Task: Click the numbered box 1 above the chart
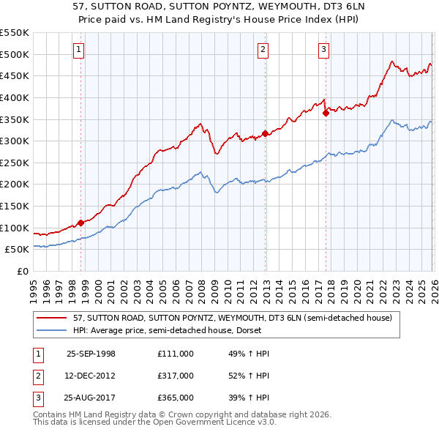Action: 78,50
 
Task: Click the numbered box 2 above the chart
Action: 263,50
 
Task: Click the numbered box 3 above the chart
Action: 323,50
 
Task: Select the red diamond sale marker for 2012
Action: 265,133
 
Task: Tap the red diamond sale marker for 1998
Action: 81,223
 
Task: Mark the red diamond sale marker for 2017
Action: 326,113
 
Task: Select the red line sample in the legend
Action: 53,318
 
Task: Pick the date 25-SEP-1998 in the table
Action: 91,353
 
